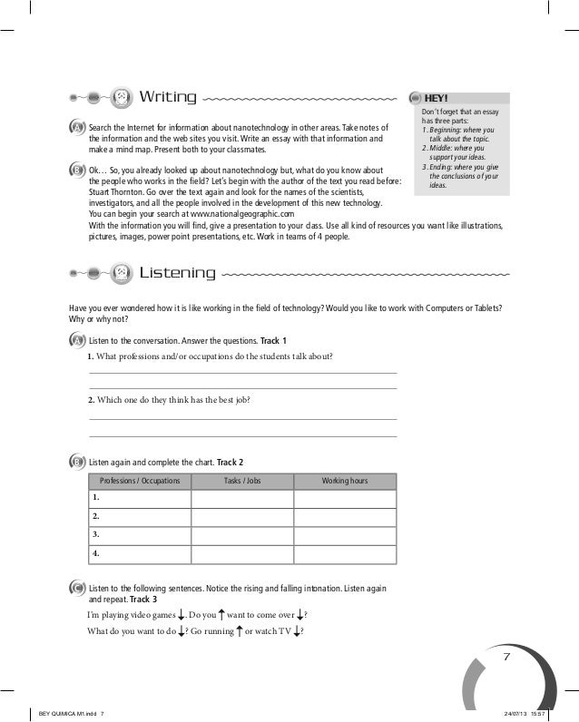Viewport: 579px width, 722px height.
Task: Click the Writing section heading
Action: pyautogui.click(x=168, y=97)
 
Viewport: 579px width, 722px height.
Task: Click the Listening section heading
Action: pyautogui.click(x=177, y=272)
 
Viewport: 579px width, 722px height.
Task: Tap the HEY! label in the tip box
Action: pyautogui.click(x=437, y=98)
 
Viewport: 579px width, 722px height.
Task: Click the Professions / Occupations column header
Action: pyautogui.click(x=140, y=481)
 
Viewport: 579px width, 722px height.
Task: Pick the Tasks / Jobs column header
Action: pyautogui.click(x=241, y=481)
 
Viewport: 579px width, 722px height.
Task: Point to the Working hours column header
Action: pyautogui.click(x=345, y=481)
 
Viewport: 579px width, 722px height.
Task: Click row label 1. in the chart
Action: pyautogui.click(x=96, y=499)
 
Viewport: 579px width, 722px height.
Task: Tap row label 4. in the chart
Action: pyautogui.click(x=96, y=552)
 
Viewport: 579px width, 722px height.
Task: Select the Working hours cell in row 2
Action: pyautogui.click(x=345, y=517)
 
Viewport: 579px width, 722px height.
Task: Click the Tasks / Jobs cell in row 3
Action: pyautogui.click(x=241, y=535)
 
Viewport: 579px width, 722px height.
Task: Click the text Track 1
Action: pyautogui.click(x=274, y=340)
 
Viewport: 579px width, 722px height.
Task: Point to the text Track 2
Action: pyautogui.click(x=231, y=463)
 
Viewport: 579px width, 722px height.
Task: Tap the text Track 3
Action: pyautogui.click(x=143, y=600)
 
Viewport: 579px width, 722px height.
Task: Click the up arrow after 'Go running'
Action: pyautogui.click(x=238, y=631)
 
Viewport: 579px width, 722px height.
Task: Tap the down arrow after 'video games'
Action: pyautogui.click(x=182, y=616)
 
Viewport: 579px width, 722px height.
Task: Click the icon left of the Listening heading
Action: pyautogui.click(x=121, y=272)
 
